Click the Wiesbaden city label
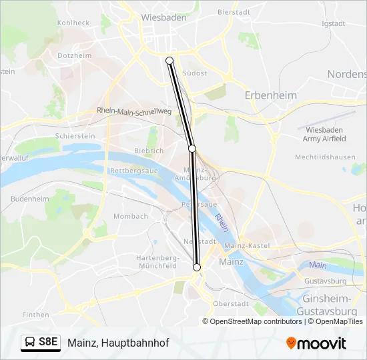[163, 17]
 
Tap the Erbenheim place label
[270, 95]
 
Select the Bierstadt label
[233, 13]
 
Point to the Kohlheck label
[73, 23]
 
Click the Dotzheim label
[75, 56]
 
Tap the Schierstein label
[75, 135]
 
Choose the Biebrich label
[149, 151]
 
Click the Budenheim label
[30, 199]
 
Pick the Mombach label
[131, 216]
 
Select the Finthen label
[35, 315]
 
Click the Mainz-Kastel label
[246, 246]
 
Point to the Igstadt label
[333, 23]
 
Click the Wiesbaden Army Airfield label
[325, 134]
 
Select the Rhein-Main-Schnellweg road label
[134, 111]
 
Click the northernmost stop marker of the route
[169, 61]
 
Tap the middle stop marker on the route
[192, 148]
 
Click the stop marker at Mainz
[197, 267]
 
